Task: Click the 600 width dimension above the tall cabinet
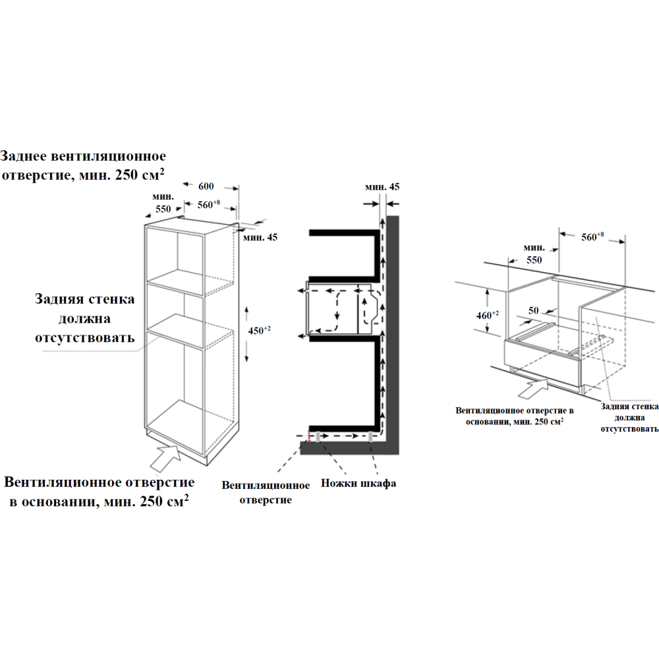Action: point(206,186)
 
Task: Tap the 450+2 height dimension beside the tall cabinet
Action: point(259,330)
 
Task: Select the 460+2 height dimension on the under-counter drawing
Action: point(487,315)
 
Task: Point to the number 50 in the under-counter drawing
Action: point(533,310)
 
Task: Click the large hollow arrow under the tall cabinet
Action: point(166,458)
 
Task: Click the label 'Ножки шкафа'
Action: point(358,483)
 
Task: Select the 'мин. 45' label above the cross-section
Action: point(382,186)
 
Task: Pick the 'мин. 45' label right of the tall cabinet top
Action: point(260,237)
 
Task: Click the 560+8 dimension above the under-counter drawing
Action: point(592,237)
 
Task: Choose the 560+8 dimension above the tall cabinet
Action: point(209,205)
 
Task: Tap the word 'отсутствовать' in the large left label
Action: point(85,337)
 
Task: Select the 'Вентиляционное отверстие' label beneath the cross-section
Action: point(266,492)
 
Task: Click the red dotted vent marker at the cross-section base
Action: point(309,436)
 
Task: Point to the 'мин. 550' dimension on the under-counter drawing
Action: point(534,254)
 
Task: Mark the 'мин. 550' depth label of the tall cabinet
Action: point(163,202)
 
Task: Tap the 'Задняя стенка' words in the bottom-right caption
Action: point(629,407)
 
